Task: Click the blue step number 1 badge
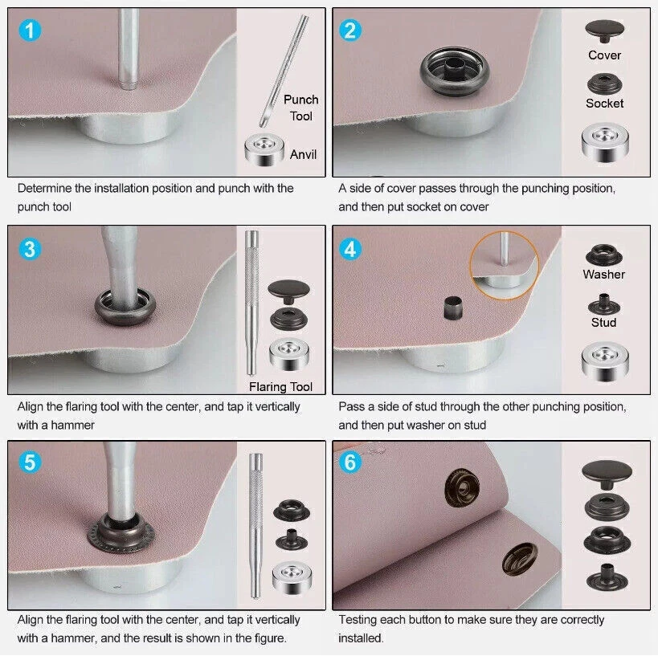click(29, 31)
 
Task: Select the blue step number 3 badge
click(29, 248)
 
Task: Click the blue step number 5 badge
click(29, 463)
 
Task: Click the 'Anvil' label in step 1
click(304, 154)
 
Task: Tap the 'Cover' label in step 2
click(604, 55)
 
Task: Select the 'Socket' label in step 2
click(604, 104)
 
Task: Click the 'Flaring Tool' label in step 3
click(280, 387)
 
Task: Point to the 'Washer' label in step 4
click(604, 275)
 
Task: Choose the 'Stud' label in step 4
click(604, 322)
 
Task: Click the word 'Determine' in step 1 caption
click(47, 189)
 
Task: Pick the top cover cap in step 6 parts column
click(604, 471)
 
